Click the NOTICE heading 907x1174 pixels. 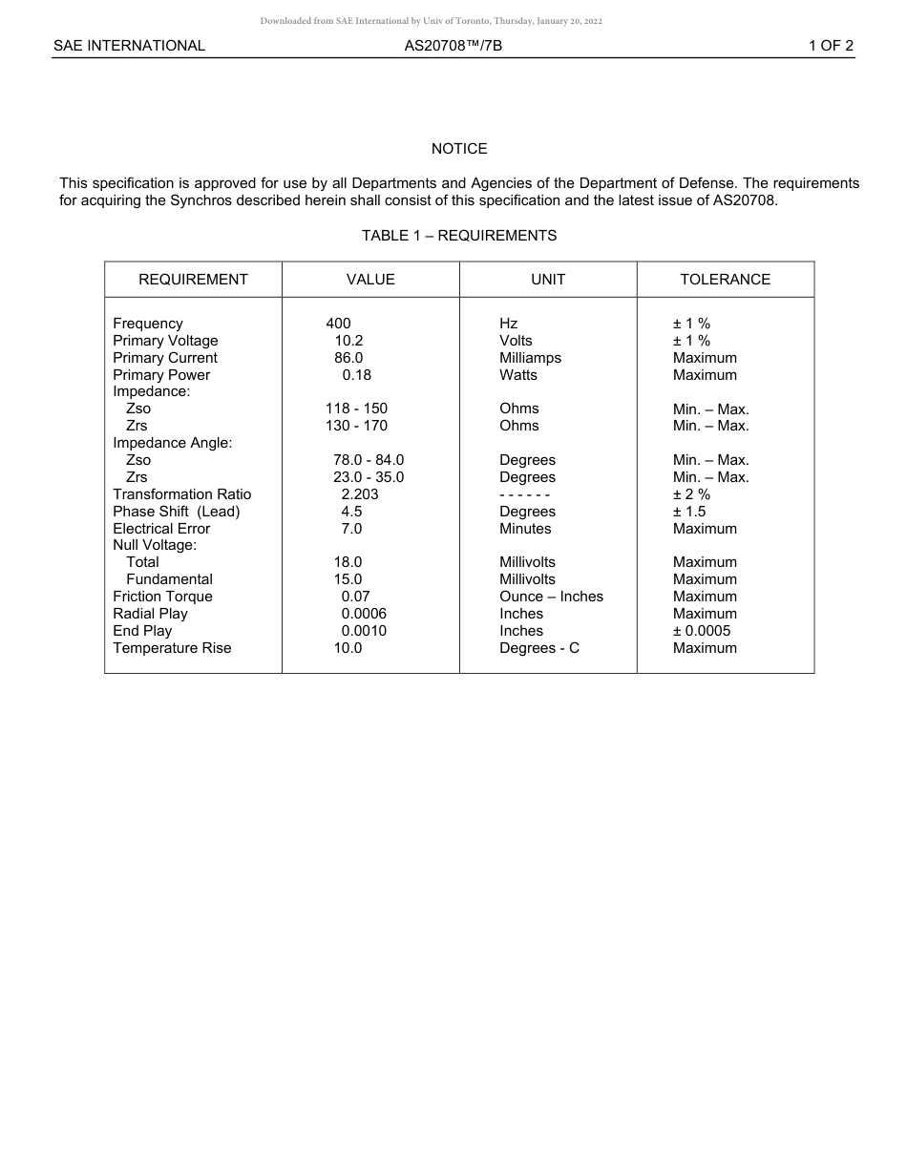(459, 149)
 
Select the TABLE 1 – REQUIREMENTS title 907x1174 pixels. (459, 236)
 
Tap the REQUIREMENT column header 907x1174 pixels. (193, 280)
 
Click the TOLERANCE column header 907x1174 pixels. (725, 280)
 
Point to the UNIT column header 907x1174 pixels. (548, 280)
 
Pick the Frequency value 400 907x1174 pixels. (338, 324)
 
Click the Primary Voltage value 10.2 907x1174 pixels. (348, 341)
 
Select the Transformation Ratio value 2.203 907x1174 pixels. (360, 494)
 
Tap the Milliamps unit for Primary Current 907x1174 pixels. (530, 358)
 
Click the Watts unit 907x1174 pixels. (518, 375)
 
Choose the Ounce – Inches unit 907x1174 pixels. (551, 597)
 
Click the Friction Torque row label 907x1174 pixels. (162, 597)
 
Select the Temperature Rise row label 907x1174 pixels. (172, 648)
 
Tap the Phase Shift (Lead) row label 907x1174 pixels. (176, 512)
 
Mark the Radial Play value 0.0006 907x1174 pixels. (364, 614)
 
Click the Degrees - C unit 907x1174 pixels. (538, 648)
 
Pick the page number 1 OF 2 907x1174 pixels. (831, 45)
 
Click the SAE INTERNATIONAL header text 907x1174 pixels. (129, 45)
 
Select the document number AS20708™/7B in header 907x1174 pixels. (453, 45)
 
